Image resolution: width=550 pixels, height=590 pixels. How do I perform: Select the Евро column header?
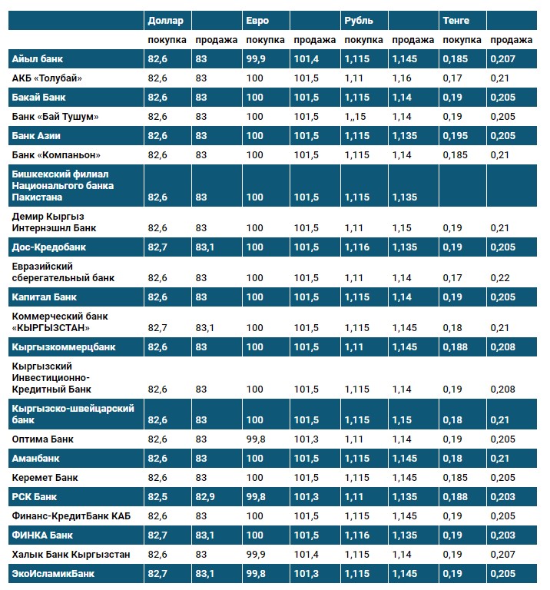click(x=257, y=20)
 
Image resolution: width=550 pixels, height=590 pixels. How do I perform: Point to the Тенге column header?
click(x=456, y=20)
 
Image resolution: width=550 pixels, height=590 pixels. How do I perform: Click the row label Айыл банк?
click(x=38, y=58)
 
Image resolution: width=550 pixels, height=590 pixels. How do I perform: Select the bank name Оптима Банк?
click(x=42, y=439)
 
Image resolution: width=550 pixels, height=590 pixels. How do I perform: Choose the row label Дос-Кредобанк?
click(x=48, y=247)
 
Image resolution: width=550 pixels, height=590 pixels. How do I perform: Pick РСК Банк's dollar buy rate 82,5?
click(x=157, y=496)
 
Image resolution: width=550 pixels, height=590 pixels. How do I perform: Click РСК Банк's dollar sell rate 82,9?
click(x=206, y=496)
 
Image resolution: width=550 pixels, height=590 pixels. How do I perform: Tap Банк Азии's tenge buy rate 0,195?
click(x=456, y=136)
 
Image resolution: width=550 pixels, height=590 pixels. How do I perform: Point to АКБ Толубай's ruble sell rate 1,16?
click(x=401, y=78)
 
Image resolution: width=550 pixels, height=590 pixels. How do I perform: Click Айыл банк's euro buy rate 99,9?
click(x=256, y=58)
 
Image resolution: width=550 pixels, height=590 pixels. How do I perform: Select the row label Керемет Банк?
click(x=45, y=477)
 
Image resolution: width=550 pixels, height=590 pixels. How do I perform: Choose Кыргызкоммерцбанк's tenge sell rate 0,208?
click(x=501, y=346)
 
